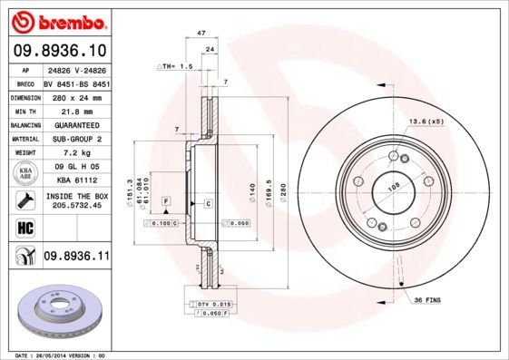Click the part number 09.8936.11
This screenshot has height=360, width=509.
click(76, 258)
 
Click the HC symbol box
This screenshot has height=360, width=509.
click(23, 227)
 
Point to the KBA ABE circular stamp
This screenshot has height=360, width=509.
click(25, 174)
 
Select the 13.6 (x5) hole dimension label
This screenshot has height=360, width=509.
click(426, 121)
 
